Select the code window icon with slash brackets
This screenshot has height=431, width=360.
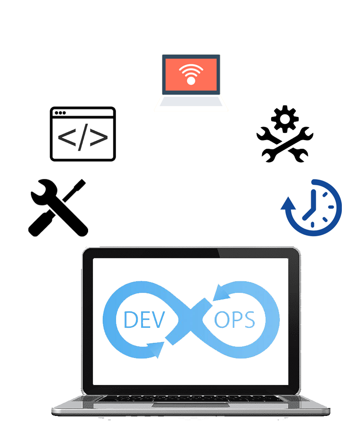tap(83, 134)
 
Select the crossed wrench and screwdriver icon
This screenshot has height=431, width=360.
tap(58, 207)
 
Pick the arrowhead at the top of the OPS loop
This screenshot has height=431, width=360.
tap(220, 293)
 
